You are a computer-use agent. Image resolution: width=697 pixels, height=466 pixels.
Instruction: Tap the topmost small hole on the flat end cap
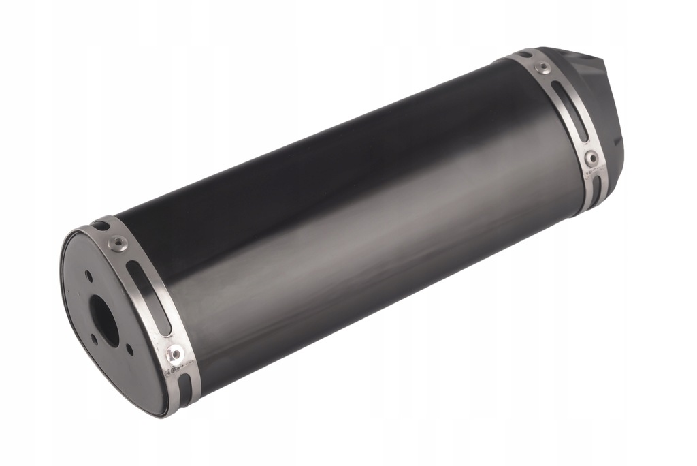(88, 276)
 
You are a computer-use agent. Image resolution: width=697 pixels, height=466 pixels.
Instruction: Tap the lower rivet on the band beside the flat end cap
(175, 354)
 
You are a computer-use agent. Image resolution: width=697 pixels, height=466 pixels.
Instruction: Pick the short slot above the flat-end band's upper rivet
(101, 225)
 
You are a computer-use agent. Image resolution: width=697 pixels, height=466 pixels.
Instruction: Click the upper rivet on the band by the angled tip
(542, 67)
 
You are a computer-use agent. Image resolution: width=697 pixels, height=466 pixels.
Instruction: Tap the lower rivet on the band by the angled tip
(591, 159)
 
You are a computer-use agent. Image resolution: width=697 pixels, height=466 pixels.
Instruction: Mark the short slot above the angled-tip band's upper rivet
(525, 55)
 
